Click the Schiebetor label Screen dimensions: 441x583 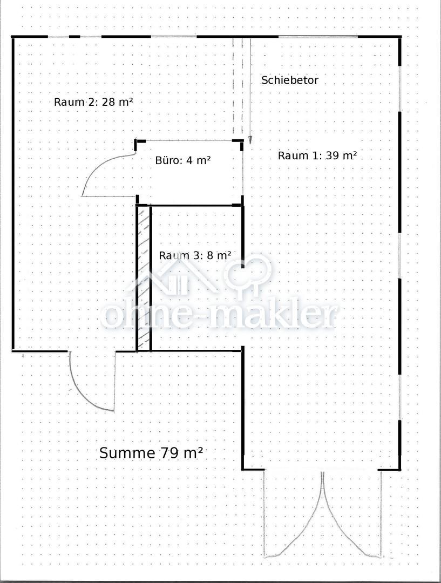(x=290, y=80)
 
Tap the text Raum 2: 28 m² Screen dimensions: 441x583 (x=93, y=102)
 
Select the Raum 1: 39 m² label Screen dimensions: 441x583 (x=317, y=155)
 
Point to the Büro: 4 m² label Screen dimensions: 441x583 (x=183, y=160)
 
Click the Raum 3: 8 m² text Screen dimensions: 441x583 (x=195, y=255)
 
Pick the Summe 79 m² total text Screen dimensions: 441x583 (x=151, y=453)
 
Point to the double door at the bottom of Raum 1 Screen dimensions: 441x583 (x=323, y=515)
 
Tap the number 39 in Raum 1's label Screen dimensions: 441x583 (x=333, y=155)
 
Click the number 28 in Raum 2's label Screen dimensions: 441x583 (x=108, y=102)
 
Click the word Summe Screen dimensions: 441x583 (x=127, y=453)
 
